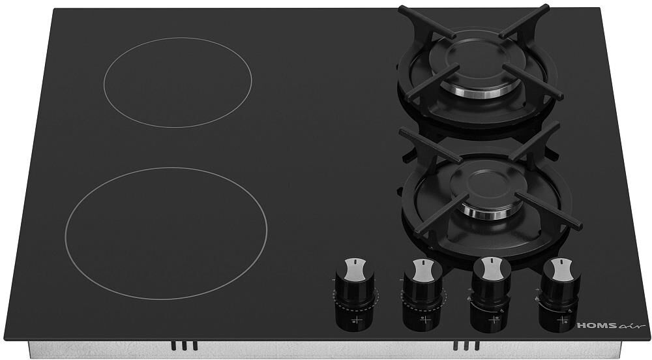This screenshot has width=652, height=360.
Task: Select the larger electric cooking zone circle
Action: pyautogui.click(x=166, y=233)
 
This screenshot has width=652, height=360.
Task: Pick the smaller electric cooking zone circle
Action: pyautogui.click(x=178, y=83)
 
